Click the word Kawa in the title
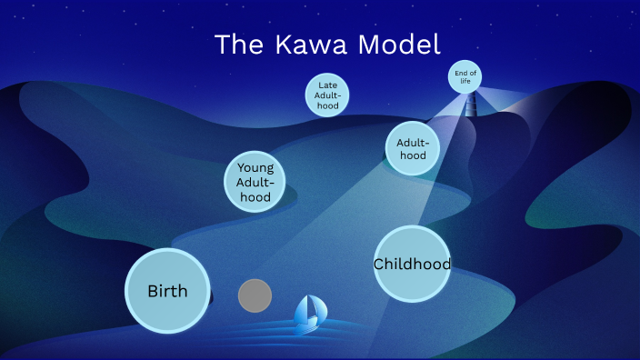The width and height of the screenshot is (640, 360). pos(299,45)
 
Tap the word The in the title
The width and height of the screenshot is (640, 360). pos(238,45)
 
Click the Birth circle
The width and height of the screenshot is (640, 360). pos(167,291)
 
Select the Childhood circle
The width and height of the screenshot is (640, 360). pos(413,264)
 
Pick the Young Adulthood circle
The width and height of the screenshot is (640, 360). pos(255,182)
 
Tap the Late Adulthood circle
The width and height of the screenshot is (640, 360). pos(327,95)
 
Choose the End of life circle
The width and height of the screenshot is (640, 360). pos(465,76)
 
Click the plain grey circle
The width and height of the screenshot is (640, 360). pos(255,295)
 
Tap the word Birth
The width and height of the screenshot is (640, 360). pos(167,291)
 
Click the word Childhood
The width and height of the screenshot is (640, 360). pos(413,264)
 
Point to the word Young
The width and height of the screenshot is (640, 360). pos(255,167)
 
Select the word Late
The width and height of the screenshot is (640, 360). pos(327,85)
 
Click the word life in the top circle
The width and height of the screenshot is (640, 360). pos(465,81)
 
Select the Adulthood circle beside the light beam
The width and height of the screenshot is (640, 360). pos(413,148)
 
